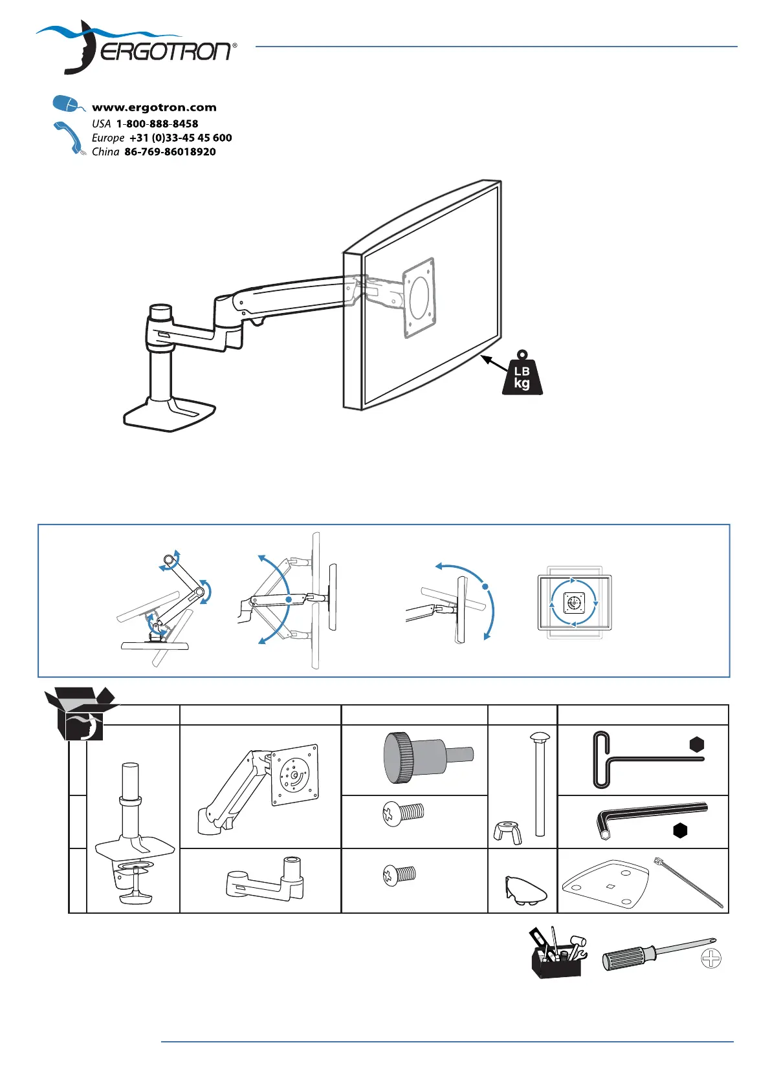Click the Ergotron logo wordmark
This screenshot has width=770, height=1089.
[x=165, y=51]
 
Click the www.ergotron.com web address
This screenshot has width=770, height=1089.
[x=154, y=107]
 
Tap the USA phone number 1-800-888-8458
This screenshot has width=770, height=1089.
[x=157, y=124]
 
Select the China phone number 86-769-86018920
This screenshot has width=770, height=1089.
[x=170, y=152]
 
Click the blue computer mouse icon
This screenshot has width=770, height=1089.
[x=67, y=103]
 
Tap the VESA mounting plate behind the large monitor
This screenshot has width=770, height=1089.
[x=419, y=297]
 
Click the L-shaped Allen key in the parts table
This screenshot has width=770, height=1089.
[x=650, y=817]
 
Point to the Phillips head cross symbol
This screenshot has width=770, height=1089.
[x=711, y=958]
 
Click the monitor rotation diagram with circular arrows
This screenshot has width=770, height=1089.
[x=574, y=603]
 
